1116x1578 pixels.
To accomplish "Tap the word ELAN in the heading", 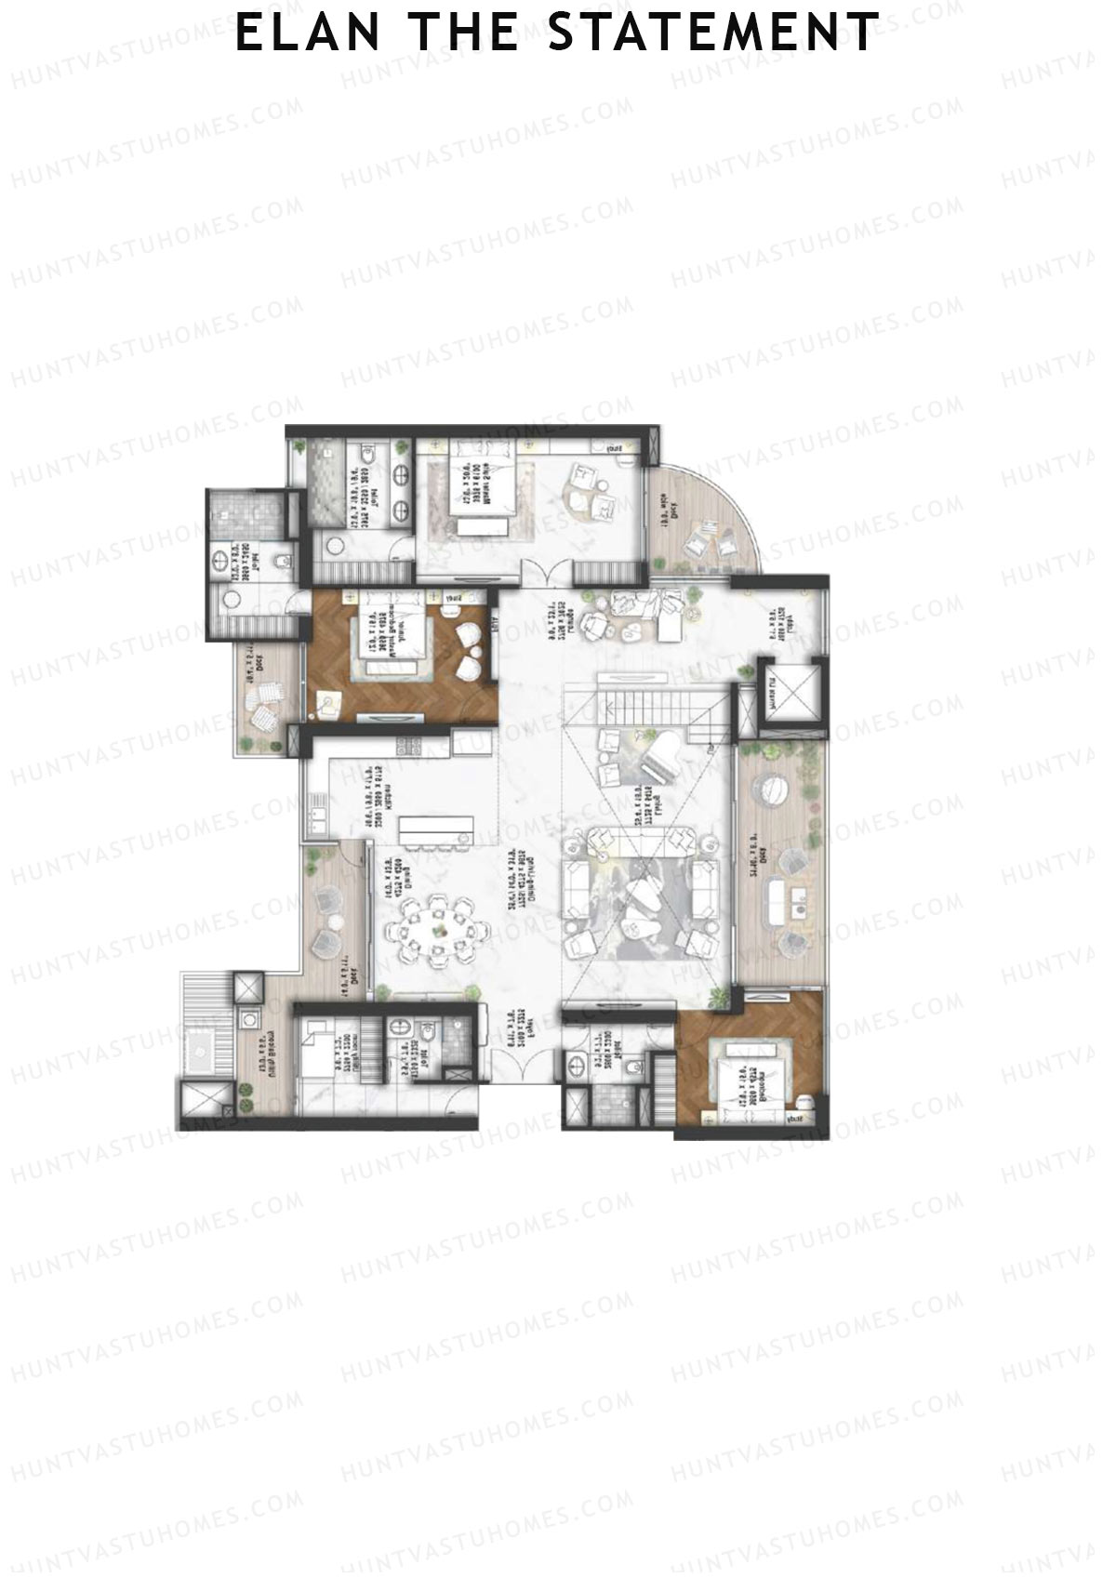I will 308,33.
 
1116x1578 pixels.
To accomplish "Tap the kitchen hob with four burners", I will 408,746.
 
